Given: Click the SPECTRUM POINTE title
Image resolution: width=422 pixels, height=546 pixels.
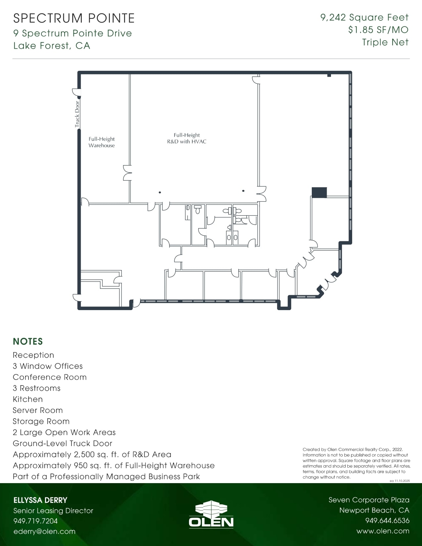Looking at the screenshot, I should point(74,18).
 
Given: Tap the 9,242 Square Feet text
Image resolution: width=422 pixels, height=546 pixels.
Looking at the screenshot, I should point(364,18).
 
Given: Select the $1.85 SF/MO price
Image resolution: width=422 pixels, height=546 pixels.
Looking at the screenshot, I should point(378,30).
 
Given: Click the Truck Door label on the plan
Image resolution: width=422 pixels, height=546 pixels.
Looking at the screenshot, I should point(77,114).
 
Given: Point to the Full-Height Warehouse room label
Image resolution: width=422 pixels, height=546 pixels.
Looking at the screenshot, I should point(102,142).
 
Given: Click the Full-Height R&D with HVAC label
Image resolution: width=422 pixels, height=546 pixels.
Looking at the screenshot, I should point(187,138).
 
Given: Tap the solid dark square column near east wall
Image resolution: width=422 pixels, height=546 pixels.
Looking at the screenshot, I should point(319,192).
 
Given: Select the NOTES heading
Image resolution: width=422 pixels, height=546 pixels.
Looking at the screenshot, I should point(28,341).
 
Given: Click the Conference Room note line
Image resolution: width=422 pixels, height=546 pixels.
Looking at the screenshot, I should point(50,377).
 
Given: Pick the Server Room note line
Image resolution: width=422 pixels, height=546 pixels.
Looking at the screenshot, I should point(38,410).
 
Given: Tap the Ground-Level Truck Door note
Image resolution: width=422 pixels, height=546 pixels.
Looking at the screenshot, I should point(63,443).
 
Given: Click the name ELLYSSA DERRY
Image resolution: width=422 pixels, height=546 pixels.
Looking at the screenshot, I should point(40,500).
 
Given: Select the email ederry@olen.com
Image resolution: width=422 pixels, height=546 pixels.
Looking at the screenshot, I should point(44,531).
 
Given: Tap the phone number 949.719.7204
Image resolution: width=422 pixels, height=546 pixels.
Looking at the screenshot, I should point(35,521).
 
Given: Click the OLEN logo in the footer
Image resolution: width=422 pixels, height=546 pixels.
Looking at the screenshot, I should point(211,515).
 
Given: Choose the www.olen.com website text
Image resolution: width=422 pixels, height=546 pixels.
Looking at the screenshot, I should point(383,531).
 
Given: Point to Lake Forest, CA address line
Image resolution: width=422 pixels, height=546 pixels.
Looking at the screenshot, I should point(52,46).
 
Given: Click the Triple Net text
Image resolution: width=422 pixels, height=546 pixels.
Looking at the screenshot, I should point(385,42).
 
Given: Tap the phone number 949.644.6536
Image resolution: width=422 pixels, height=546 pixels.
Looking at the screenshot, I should point(387,521).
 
